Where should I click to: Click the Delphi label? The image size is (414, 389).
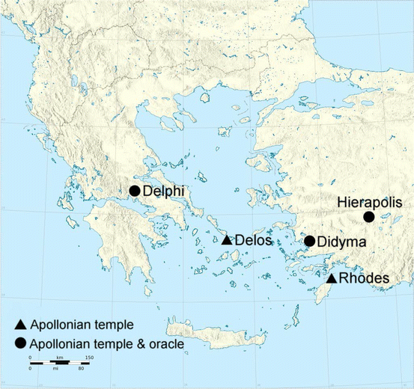click(x=163, y=191)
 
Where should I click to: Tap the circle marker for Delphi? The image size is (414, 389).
click(x=135, y=191)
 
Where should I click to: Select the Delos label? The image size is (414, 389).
click(x=254, y=241)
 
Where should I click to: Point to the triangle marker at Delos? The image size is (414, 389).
click(x=227, y=240)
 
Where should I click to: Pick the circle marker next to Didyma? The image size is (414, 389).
click(x=309, y=241)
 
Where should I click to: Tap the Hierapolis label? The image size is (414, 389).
click(x=366, y=202)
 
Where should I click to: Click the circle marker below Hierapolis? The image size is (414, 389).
click(x=368, y=217)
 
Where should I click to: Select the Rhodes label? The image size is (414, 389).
click(x=364, y=279)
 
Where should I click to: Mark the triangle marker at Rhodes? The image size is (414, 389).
click(x=332, y=278)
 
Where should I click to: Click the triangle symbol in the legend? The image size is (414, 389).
click(x=21, y=325)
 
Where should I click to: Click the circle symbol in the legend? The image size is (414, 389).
click(x=21, y=344)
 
